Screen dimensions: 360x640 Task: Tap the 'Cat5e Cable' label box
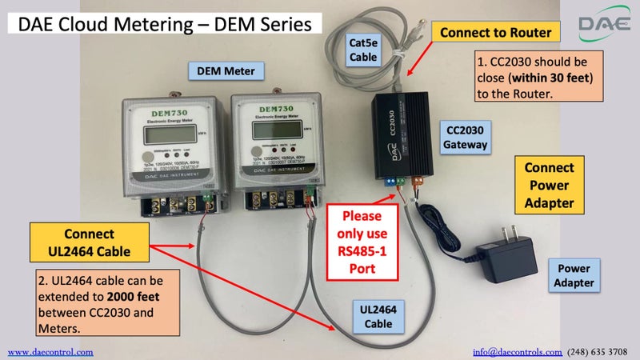pos(369,45)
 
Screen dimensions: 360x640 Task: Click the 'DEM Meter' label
pos(226,71)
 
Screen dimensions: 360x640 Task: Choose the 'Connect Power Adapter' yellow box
pos(549,186)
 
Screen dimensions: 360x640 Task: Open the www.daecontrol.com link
pos(50,351)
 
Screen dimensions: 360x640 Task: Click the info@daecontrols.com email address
pos(517,351)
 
